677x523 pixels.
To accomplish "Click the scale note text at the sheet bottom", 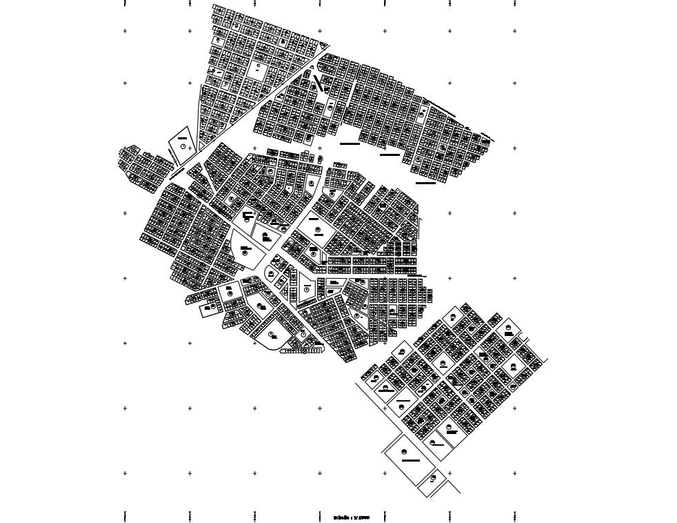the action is tap(352, 517).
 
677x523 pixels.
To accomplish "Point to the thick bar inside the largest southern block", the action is tap(411, 460).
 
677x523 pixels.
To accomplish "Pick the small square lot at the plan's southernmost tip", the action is tap(432, 477).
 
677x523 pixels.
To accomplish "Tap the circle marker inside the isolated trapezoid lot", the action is tap(183, 146).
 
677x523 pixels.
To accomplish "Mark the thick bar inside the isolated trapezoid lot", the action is tap(182, 138).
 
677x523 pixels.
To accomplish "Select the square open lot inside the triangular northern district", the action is tap(259, 69).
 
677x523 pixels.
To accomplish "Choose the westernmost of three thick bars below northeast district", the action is tap(350, 144).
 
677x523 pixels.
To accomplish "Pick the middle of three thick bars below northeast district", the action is tap(390, 155).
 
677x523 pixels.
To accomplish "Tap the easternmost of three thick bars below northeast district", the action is tap(425, 183).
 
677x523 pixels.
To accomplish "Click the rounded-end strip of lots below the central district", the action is tap(302, 351).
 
